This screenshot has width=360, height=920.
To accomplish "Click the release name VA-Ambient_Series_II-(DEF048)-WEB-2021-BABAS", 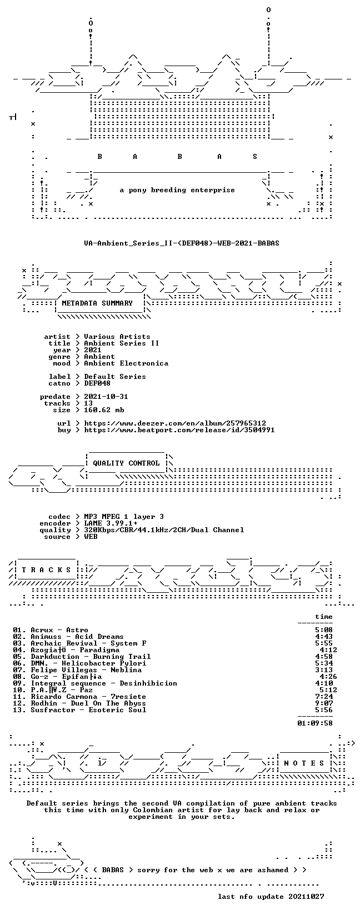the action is pos(182,243).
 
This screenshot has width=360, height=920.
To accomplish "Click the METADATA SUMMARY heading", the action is pos(97,303).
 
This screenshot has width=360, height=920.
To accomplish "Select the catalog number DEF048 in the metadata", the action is pos(97,383).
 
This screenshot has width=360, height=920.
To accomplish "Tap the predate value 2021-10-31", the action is pos(106,397).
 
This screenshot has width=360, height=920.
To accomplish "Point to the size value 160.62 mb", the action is pos(104,410).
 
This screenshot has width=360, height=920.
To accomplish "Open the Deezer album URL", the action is pos(175,423).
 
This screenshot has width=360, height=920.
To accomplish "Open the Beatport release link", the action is pos(179,430).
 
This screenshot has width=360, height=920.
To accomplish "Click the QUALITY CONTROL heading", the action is pos(126,463).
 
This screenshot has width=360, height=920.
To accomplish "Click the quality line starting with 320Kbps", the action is pos(164,530).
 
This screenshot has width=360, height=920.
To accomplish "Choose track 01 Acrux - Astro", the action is pos(51,630).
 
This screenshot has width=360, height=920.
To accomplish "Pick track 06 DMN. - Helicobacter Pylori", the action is pos(79,663).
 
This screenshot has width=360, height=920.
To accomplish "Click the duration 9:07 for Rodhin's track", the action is pos(324,703).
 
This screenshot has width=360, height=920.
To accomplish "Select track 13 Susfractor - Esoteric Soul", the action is pos(79,710).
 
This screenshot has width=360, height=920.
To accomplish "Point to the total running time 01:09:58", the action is pos(315,723).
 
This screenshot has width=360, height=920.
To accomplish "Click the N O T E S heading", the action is pos(304,763).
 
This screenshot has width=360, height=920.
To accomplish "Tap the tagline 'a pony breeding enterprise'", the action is pos(177,190).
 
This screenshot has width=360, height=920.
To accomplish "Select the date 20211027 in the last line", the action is pos(306,897).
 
